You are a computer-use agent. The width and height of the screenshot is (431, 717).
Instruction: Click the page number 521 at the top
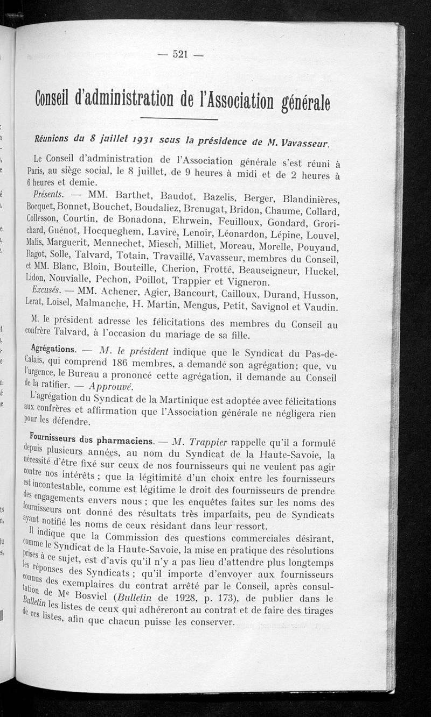pos(180,53)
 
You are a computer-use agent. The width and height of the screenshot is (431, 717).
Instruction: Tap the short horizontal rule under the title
pos(180,118)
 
